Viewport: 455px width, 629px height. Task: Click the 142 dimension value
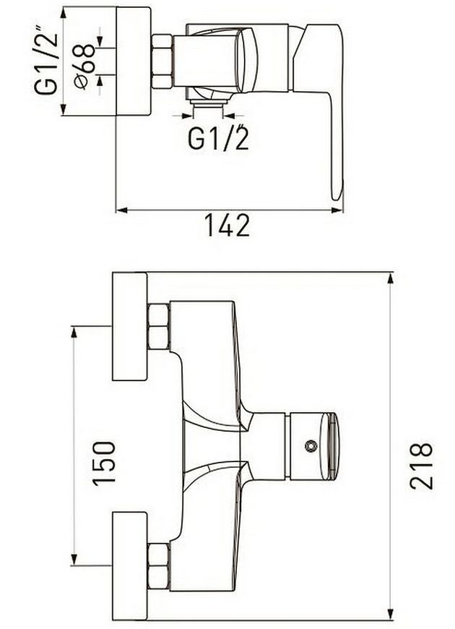[227, 225]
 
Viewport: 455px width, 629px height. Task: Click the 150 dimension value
[104, 463]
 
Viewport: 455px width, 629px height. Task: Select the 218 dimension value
[421, 466]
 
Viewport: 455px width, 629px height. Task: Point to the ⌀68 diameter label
[85, 67]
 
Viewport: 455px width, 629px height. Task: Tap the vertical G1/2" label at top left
[46, 59]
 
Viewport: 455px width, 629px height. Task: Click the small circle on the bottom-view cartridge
[311, 446]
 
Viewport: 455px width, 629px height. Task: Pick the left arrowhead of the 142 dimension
[121, 210]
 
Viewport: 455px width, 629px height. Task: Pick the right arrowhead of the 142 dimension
[337, 210]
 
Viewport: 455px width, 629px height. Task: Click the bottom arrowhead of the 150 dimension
[74, 560]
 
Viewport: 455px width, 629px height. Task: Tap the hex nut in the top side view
[162, 61]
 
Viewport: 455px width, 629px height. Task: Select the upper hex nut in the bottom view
[159, 327]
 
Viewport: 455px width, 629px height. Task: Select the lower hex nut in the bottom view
[159, 566]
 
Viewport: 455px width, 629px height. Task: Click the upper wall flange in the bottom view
[130, 327]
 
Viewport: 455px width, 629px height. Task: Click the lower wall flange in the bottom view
[130, 566]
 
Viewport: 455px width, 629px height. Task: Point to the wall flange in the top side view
[134, 61]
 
